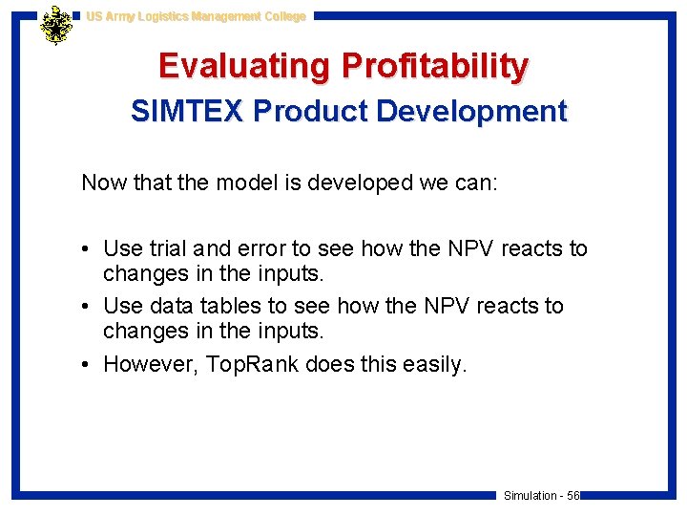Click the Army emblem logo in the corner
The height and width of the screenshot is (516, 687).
56,26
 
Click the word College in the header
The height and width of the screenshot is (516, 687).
281,16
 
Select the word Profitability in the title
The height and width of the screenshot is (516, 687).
435,66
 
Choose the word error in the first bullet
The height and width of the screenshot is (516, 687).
261,248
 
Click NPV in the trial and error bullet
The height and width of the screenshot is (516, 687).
462,248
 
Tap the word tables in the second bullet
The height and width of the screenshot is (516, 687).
228,306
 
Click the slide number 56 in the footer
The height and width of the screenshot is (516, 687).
572,495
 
